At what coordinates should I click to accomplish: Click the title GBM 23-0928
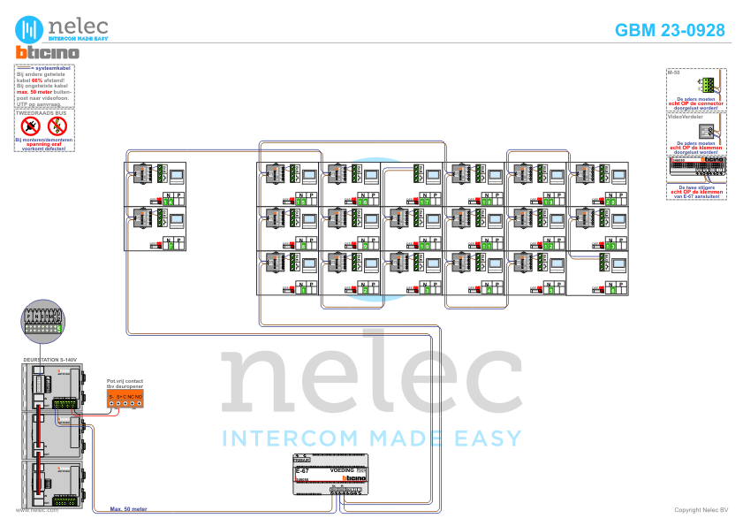670,30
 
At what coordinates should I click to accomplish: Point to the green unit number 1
301,289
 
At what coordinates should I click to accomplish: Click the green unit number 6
610,289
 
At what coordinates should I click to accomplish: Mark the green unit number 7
169,246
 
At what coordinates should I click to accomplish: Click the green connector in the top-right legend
706,85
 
